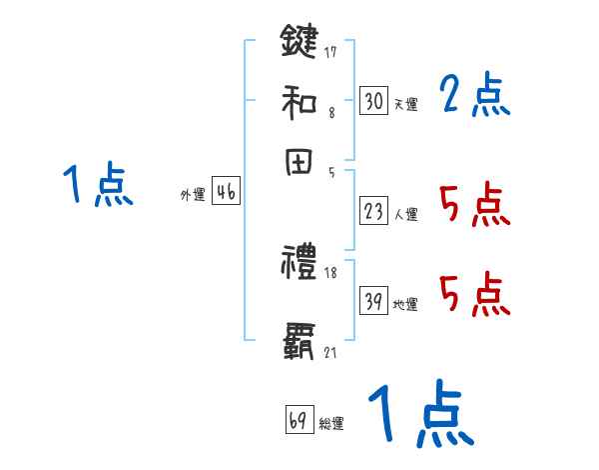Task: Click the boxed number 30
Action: coord(373,101)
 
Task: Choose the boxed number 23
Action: coord(373,211)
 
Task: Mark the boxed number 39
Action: coord(373,302)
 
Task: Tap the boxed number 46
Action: coord(226,194)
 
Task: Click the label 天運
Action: coord(405,104)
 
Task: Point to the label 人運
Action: coord(405,214)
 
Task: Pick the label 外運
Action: coord(192,196)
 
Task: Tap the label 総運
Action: coord(330,424)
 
